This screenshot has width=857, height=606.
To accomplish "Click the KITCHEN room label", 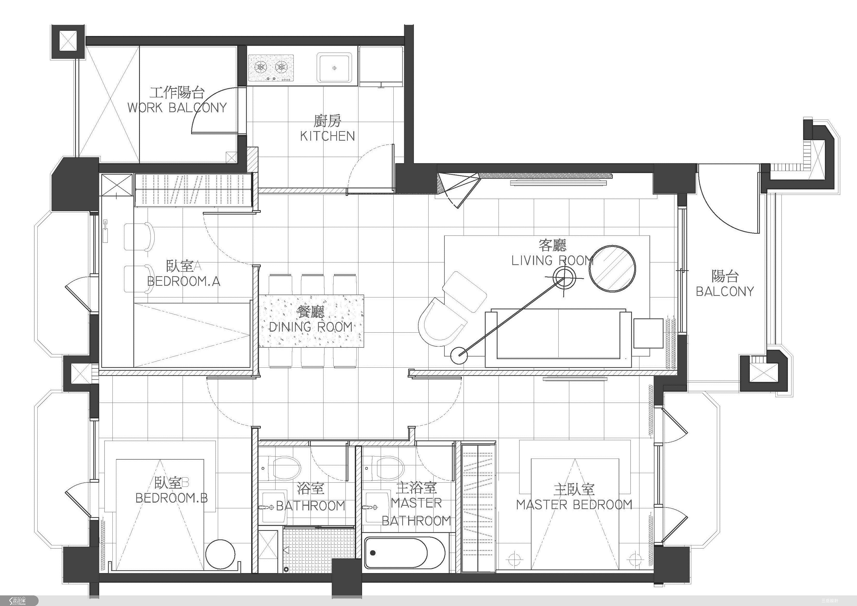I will click(327, 136).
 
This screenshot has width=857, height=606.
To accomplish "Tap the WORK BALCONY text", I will click(177, 108).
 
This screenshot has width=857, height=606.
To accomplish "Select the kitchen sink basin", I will click(334, 68).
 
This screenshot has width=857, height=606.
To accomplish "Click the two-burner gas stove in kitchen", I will click(271, 68).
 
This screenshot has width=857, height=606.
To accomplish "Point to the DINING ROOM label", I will click(311, 327).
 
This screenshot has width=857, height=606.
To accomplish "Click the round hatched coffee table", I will click(612, 268).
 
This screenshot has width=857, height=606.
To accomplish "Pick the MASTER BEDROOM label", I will click(574, 505).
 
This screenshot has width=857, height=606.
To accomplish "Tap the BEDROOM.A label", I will click(184, 281).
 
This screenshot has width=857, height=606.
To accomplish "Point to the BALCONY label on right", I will click(725, 291).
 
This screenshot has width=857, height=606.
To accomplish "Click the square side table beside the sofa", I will click(648, 333).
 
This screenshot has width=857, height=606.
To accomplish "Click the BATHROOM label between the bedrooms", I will click(311, 506).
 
